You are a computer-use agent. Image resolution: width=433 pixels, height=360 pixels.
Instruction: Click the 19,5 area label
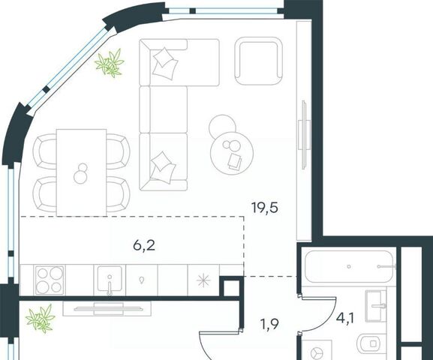pos(265,208)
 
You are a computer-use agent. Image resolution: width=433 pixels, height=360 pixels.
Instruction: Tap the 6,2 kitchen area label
pos(144,245)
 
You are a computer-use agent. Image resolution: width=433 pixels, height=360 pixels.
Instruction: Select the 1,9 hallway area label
pos(269,324)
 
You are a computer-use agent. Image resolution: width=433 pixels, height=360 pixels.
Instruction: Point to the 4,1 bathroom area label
pos(345,318)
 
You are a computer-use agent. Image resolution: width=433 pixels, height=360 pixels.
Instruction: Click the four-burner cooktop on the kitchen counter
pos(50,280)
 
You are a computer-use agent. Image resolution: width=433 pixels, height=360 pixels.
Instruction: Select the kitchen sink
pos(110,280)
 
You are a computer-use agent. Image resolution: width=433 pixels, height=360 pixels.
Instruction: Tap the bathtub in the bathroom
pos(350,266)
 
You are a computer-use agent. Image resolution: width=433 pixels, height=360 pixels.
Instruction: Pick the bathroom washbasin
pos(376,306)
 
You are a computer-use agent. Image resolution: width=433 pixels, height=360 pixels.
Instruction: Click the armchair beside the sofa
pos(259,61)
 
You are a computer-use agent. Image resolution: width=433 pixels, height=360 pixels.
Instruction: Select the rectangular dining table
pos(82,172)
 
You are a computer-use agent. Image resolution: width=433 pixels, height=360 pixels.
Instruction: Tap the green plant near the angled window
pos(110,63)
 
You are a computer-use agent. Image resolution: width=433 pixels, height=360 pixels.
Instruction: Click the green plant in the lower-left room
pos(41,319)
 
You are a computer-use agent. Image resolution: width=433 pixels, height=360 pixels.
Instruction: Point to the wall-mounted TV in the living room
pos(304,134)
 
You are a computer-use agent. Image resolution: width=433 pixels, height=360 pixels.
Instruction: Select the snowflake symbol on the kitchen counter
pos(203,280)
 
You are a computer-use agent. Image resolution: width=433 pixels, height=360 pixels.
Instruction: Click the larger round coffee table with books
pos(232,153)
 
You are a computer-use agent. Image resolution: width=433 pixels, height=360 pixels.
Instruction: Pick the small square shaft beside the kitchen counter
pos(231,288)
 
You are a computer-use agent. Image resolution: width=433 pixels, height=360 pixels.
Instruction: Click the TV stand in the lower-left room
pos(107,308)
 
